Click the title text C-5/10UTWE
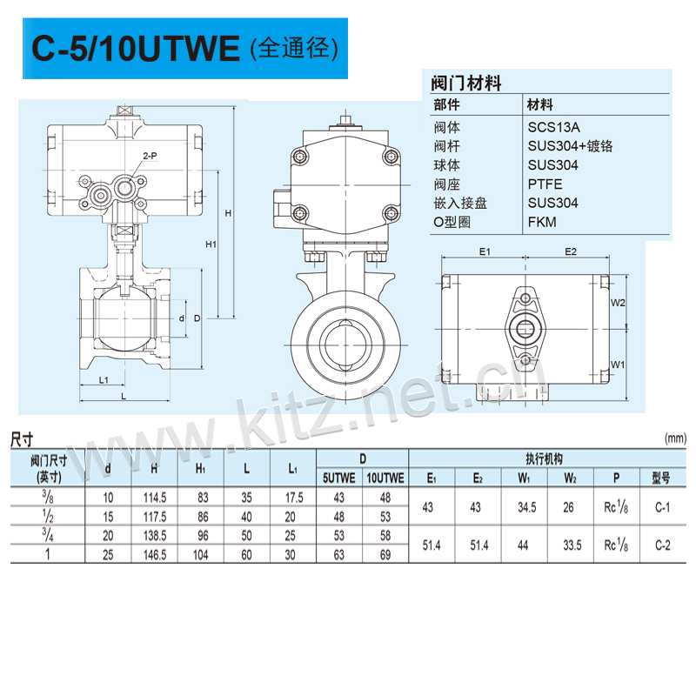136,48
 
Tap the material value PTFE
545,184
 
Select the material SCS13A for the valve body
553,127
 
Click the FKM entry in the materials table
541,222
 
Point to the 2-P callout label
150,156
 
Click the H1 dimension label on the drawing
211,244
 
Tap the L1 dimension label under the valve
104,380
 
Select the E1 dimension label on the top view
485,251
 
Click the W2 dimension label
618,303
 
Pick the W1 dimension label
618,365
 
